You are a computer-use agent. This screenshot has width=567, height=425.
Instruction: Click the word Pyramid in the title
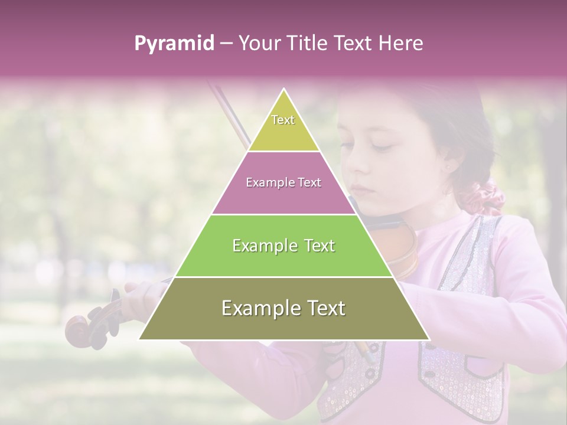[x=174, y=44]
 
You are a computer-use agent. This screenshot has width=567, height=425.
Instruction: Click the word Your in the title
[x=258, y=43]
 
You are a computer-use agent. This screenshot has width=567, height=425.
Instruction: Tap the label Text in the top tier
[x=283, y=120]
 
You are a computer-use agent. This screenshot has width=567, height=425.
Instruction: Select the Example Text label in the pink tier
[x=283, y=182]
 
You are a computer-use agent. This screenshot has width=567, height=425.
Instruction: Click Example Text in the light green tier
[x=283, y=246]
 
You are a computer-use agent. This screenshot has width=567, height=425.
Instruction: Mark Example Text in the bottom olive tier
[x=283, y=308]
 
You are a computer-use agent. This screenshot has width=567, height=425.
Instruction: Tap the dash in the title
[x=226, y=44]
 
